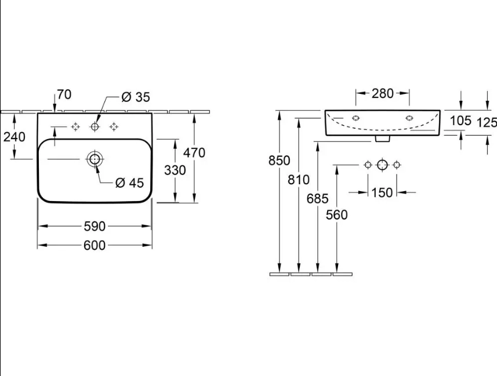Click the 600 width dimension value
point(95,245)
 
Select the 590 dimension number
point(95,226)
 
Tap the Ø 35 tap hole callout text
point(136,97)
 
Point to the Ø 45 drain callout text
point(130,182)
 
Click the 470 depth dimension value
point(194,153)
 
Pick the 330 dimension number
point(175,170)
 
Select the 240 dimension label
point(14,137)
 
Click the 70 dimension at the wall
point(64,94)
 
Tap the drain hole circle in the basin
point(95,159)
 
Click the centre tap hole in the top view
point(95,127)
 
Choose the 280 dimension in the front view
point(382,93)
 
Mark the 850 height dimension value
point(280,160)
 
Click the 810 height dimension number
point(299,180)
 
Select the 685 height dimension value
point(318,199)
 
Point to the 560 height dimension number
point(336,215)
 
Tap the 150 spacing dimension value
point(382,192)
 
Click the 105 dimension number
point(460,121)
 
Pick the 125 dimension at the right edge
point(487,122)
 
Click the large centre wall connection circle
point(382,165)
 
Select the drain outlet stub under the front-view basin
point(382,138)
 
